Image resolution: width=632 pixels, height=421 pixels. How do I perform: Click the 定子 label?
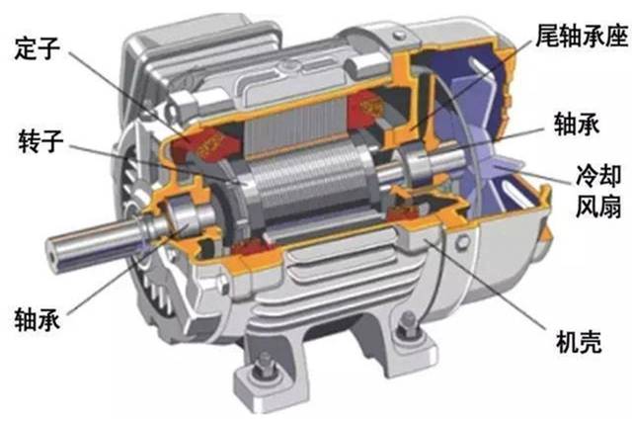click(38, 49)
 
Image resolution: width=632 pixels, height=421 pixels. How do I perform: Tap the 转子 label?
click(40, 140)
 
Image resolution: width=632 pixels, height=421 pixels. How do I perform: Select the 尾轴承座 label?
click(582, 36)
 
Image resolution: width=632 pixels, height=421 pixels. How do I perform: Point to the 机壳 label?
click(579, 342)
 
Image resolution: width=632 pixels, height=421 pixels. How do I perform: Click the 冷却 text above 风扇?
click(598, 176)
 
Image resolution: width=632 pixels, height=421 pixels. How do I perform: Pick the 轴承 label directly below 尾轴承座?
click(577, 124)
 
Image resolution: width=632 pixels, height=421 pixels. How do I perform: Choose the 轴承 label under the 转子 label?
click(38, 319)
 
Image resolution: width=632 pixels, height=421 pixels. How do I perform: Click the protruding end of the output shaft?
click(54, 253)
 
